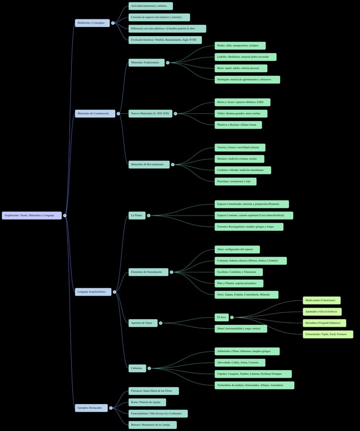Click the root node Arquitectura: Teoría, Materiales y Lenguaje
coord(32,216)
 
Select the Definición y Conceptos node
coord(92,23)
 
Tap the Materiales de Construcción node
coord(95,113)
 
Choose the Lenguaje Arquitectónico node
coord(93,292)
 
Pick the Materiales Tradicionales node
coord(146,63)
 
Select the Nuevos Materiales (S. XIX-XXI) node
coord(150,113)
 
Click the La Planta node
coord(137,216)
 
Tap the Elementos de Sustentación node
coord(148,272)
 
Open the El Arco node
coord(222,317)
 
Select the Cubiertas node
coord(137,368)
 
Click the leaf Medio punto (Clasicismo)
coord(321,300)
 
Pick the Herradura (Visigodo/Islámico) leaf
coord(324,323)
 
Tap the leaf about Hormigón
coord(247,79)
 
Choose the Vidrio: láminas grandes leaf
coord(241,113)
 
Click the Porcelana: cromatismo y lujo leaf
coord(235,181)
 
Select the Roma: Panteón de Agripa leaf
coord(147,402)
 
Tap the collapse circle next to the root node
coord(65,216)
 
